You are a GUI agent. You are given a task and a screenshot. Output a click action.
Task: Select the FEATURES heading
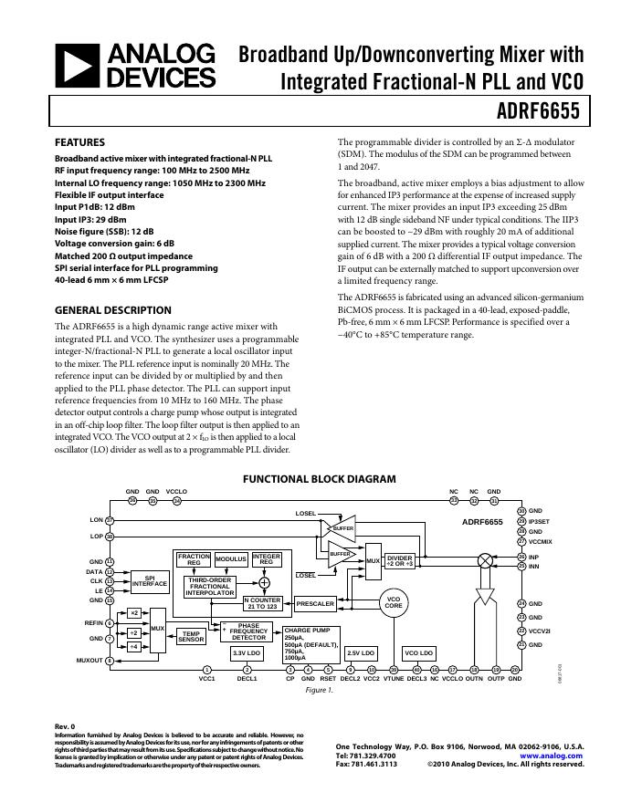coord(80,142)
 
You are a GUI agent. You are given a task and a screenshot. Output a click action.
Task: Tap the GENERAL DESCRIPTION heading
coord(113,310)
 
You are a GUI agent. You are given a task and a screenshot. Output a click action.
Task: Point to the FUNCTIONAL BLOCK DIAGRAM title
coord(319,479)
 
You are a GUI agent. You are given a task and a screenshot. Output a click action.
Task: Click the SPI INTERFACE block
coord(150,581)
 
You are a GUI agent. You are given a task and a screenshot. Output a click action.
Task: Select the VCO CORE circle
coord(393,602)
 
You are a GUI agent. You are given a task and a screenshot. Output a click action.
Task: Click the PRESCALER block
coord(315,603)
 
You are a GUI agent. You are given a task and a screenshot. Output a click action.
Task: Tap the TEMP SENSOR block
coord(192,637)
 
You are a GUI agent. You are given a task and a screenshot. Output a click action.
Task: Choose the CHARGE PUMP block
coord(310,642)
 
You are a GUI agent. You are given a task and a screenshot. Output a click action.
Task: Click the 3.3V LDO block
coord(247,653)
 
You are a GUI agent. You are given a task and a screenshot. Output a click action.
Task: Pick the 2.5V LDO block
coord(361,653)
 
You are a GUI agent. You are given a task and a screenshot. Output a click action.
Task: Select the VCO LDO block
coord(419,653)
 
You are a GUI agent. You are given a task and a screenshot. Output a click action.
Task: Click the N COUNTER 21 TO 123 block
coord(263,603)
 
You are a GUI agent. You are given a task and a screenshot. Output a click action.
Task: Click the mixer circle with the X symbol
coord(485,561)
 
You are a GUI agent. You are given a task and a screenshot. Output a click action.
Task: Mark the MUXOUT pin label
coord(89,660)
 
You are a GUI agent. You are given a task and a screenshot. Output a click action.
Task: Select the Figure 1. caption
coord(319,690)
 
